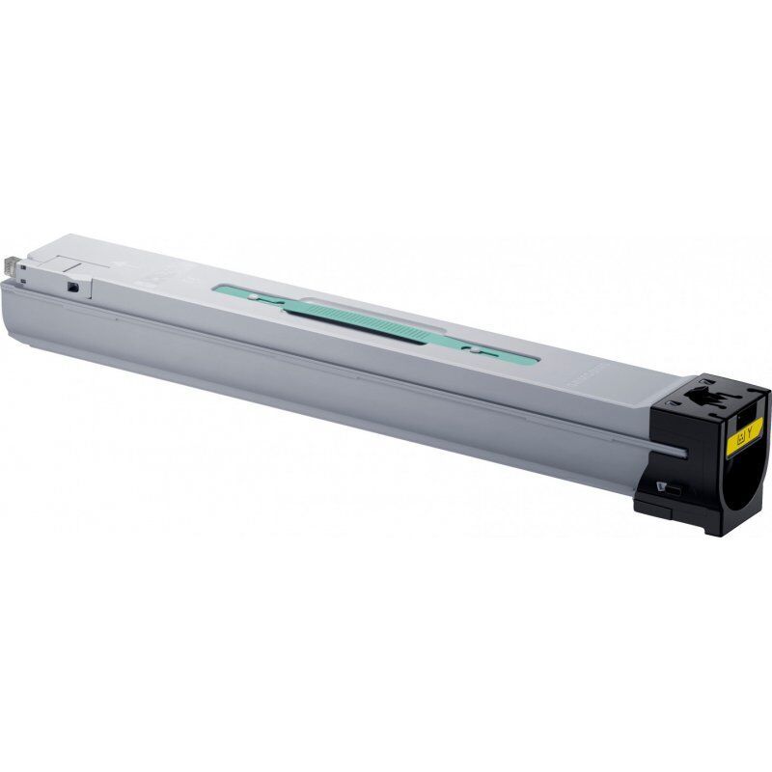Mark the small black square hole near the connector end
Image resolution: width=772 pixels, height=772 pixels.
click(71, 287)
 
